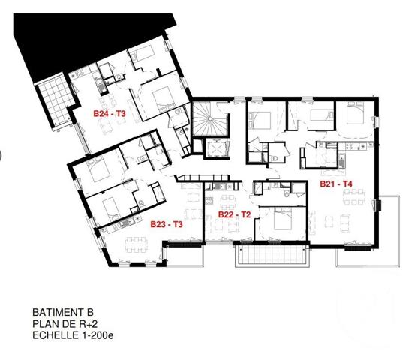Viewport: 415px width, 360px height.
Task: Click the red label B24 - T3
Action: [x=110, y=114]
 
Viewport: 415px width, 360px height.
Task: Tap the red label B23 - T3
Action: [x=167, y=224]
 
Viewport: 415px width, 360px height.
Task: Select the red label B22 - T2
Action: [x=233, y=214]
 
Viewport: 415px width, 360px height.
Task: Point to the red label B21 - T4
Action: [x=336, y=184]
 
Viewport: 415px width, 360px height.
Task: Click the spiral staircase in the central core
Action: [x=209, y=119]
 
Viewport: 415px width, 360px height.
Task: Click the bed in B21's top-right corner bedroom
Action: [x=356, y=115]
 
